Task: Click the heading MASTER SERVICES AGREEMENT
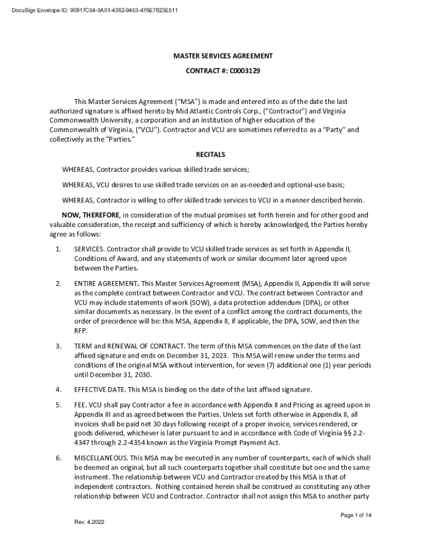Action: click(223, 56)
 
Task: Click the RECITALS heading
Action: click(210, 155)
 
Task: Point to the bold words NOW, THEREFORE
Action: click(90, 215)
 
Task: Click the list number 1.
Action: click(58, 249)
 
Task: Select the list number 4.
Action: click(58, 389)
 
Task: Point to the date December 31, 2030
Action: click(121, 375)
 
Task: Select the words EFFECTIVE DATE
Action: click(99, 389)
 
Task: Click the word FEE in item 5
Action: click(80, 405)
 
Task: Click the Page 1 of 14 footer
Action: click(356, 515)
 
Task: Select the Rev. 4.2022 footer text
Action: click(89, 522)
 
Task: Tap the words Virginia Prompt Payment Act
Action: click(235, 442)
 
